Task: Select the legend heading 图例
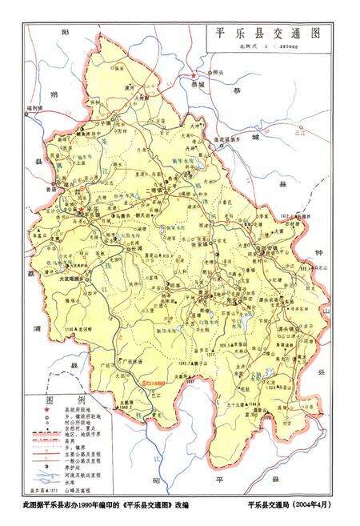pyautogui.click(x=53, y=400)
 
